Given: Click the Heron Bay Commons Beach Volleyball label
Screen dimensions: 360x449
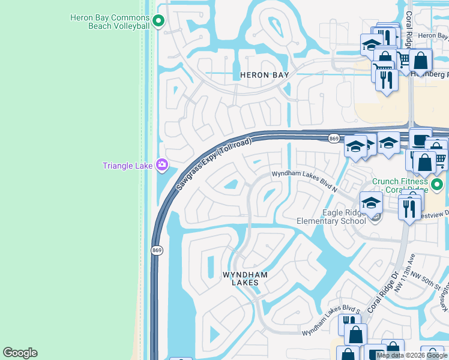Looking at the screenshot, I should tap(110, 22).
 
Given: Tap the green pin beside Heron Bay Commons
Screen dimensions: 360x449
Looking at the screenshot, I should tap(158, 22).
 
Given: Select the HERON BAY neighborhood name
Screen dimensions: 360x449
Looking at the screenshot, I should tap(264, 75).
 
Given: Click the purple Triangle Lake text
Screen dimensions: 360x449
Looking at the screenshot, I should tap(127, 166).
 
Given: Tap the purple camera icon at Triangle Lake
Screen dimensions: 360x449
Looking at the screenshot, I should tap(161, 164).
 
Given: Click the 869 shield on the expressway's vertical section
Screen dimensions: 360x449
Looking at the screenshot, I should tap(157, 250).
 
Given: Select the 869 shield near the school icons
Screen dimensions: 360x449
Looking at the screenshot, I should tap(334, 139).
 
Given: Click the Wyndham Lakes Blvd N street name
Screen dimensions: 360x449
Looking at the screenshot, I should tap(305, 173).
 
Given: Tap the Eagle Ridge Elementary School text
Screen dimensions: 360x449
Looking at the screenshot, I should tap(331, 217).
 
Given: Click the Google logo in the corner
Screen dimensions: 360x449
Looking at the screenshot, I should tap(20, 353).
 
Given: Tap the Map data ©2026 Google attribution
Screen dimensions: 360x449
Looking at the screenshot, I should tap(412, 355).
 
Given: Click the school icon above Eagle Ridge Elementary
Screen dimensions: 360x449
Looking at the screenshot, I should tap(371, 203).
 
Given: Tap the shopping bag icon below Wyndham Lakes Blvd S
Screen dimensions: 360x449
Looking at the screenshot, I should tap(355, 335).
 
